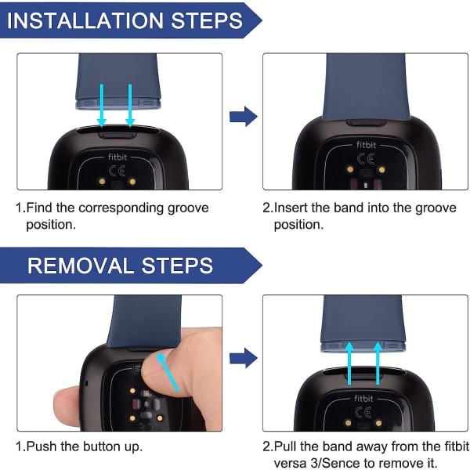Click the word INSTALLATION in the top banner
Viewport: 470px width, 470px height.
85,20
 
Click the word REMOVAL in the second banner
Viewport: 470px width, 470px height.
81,266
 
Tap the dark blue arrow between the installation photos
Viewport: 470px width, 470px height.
243,116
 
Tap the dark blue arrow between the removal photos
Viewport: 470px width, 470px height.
243,358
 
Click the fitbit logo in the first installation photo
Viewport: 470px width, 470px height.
117,157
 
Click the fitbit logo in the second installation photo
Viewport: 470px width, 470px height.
366,145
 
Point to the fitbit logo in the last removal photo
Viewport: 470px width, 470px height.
363,399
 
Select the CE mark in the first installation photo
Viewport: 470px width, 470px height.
117,171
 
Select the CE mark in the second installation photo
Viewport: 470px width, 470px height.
366,159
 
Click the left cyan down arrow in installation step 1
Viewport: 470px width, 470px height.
102,106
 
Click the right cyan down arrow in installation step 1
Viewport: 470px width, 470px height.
130,106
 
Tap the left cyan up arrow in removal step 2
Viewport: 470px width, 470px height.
349,363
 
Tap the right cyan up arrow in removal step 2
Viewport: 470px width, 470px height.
378,363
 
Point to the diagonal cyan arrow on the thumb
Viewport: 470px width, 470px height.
168,372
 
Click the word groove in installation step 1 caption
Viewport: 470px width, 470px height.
188,208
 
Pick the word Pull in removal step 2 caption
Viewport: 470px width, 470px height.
285,446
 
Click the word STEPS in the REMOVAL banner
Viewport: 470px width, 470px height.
177,266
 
